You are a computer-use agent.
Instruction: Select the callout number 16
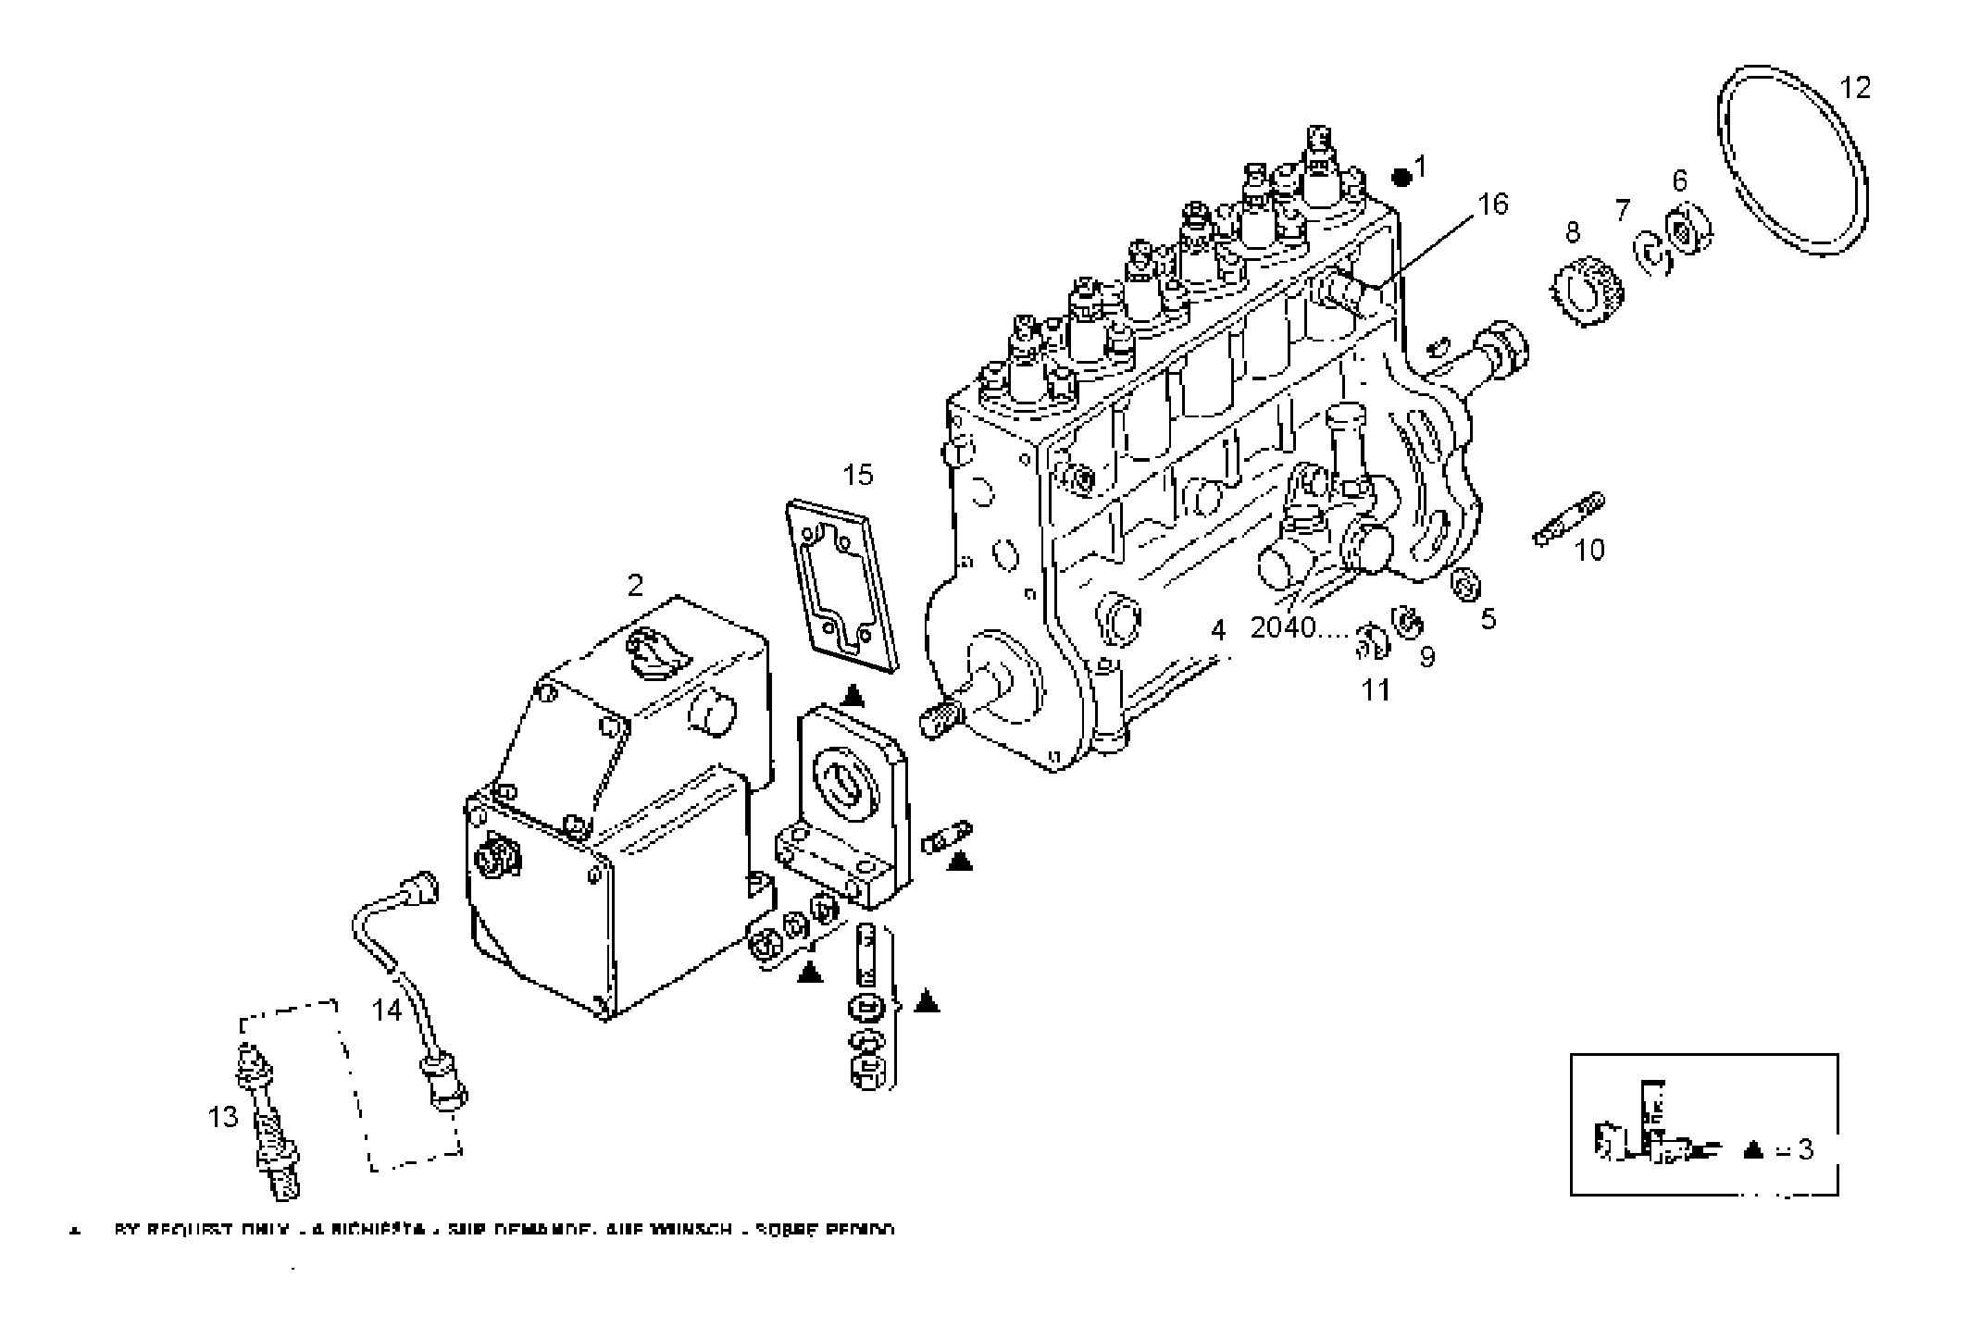(1492, 204)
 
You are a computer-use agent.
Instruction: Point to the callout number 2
(635, 586)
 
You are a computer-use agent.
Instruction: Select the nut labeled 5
(1467, 587)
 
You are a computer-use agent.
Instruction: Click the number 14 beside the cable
(387, 1010)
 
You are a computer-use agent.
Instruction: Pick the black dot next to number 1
(1401, 176)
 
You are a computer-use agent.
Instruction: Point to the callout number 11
(1376, 690)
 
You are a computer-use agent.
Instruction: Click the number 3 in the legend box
(1805, 1150)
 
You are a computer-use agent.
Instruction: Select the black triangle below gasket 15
(853, 696)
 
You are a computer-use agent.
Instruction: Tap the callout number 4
(1218, 631)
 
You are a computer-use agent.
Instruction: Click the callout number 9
(1427, 657)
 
